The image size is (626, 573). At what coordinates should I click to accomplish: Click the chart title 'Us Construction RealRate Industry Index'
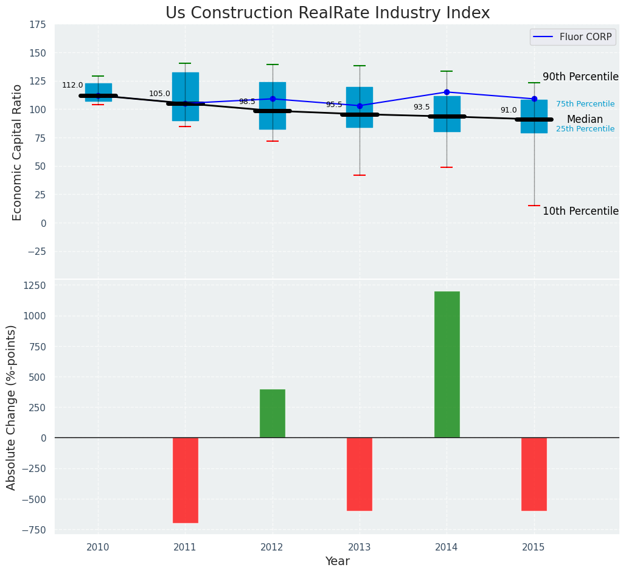click(327, 13)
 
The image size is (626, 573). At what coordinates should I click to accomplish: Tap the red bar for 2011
click(185, 480)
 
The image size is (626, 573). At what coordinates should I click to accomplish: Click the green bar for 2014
click(447, 364)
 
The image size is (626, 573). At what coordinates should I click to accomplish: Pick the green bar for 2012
click(272, 414)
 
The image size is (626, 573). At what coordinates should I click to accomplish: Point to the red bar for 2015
click(534, 474)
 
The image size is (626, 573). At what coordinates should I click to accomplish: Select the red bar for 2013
click(359, 474)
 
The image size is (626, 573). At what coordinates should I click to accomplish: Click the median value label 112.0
click(72, 85)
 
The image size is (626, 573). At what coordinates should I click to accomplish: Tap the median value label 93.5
click(422, 107)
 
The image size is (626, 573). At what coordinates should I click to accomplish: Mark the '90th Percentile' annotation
click(580, 77)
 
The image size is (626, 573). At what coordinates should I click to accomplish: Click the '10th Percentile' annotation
click(580, 212)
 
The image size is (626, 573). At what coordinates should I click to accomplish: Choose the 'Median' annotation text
click(585, 120)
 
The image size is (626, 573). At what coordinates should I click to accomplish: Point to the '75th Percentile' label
click(585, 105)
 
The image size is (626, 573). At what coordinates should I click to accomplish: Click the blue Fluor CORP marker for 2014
click(447, 92)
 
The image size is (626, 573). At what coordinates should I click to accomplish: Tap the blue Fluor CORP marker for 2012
click(273, 99)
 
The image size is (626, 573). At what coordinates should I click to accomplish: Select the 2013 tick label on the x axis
click(359, 547)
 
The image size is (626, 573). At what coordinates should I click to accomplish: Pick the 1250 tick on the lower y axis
click(33, 286)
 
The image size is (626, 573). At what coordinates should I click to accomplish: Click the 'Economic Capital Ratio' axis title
click(18, 152)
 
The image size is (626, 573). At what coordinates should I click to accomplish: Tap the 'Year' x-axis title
click(337, 561)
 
